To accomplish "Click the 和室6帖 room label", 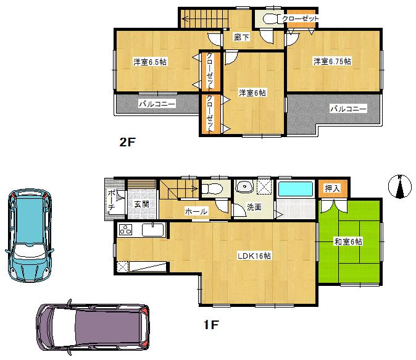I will click(x=348, y=241).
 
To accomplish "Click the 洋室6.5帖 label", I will click(x=151, y=62).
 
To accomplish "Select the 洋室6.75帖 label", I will click(x=331, y=61).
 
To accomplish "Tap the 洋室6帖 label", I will click(x=252, y=93).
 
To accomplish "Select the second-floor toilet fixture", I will click(x=268, y=19).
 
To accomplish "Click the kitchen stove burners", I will click(x=126, y=231).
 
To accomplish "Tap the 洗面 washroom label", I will click(x=254, y=207).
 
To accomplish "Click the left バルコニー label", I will click(x=157, y=104).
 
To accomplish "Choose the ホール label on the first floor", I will click(x=196, y=211).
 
